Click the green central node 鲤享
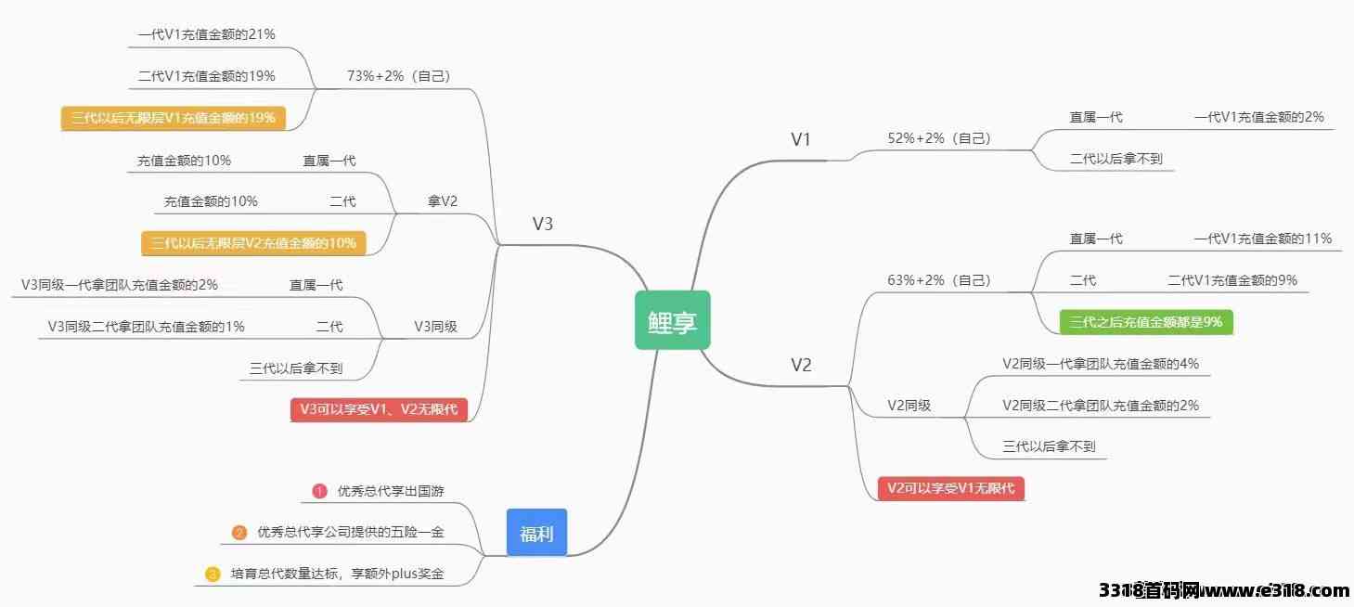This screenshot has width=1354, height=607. (x=672, y=320)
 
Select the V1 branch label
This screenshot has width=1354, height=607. (x=801, y=140)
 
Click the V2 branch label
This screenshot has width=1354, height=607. (x=801, y=365)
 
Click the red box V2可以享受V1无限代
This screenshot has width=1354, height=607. (x=950, y=488)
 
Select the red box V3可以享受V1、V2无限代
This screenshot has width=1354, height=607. (x=379, y=409)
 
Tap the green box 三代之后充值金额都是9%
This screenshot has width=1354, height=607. (x=1146, y=322)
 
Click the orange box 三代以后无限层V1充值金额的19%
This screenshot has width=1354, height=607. (x=173, y=118)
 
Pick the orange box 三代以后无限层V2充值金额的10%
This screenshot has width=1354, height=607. (x=253, y=243)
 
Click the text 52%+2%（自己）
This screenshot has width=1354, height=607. (x=939, y=138)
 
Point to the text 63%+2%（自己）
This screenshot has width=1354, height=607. (x=939, y=279)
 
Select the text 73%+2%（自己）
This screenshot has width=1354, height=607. (x=398, y=76)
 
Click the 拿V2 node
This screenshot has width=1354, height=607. (x=442, y=201)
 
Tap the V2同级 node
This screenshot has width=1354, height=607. (x=909, y=405)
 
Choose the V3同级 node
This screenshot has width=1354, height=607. (x=434, y=327)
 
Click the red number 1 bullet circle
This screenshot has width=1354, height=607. (x=319, y=491)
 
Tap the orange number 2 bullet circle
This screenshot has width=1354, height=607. (x=239, y=533)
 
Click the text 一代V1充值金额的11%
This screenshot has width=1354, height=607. (x=1262, y=239)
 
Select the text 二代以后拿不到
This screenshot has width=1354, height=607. (x=1115, y=159)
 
